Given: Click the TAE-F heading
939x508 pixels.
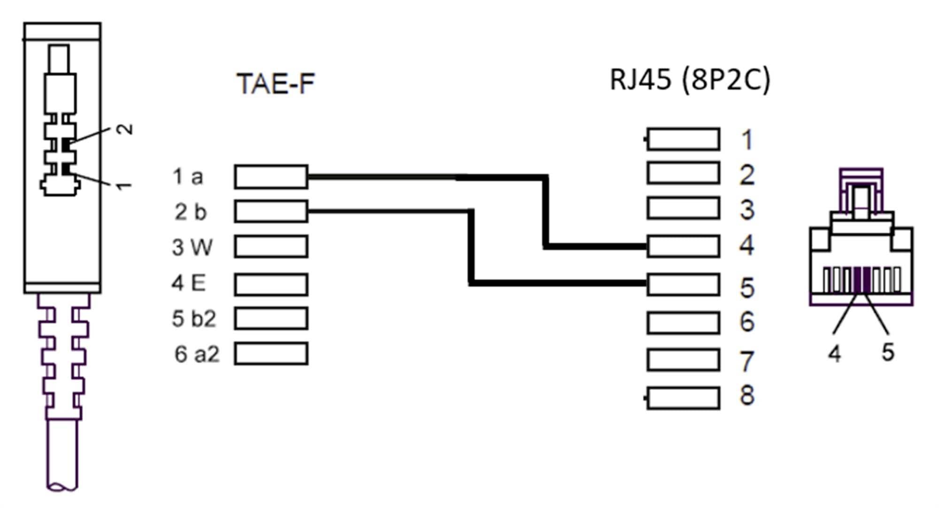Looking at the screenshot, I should click(276, 84).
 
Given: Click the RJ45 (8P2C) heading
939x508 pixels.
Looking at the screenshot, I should click(690, 79).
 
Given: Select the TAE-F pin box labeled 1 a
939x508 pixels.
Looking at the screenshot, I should click(271, 177).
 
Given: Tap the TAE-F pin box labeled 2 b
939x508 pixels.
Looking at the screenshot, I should click(271, 211).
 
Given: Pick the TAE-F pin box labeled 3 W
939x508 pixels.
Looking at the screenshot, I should click(271, 247).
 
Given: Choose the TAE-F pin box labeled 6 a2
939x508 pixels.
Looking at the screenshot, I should click(271, 354).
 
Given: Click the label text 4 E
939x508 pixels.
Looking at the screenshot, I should click(189, 283).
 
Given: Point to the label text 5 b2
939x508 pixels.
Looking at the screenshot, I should click(193, 319).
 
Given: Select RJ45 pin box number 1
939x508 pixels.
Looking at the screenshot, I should click(683, 139).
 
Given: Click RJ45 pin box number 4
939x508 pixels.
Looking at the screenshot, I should click(683, 246).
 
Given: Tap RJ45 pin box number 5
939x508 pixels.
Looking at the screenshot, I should click(683, 285).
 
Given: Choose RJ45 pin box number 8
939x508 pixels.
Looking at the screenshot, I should click(683, 399).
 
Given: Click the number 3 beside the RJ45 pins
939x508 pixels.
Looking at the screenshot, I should click(747, 210).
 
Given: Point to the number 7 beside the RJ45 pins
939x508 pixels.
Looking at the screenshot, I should click(747, 361).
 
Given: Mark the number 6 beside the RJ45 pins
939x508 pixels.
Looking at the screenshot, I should click(747, 322).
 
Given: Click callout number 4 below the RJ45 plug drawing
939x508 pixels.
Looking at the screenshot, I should click(834, 353).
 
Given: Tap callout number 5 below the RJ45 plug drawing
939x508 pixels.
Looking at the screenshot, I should click(887, 352).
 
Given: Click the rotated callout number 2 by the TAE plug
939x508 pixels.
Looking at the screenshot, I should click(125, 129).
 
